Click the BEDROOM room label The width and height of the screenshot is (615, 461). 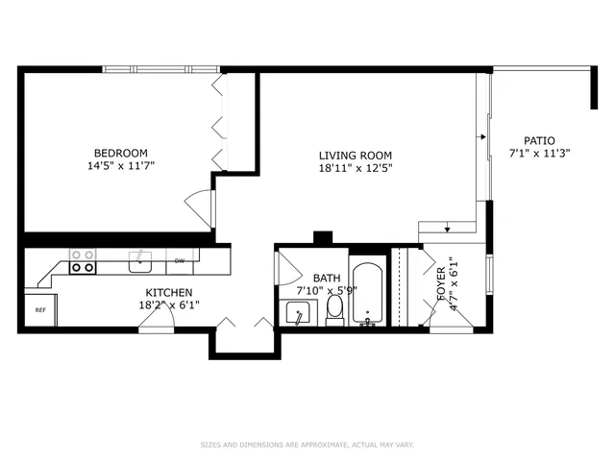click(120, 153)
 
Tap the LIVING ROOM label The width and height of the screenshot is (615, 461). click(356, 156)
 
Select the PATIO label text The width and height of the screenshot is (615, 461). click(539, 140)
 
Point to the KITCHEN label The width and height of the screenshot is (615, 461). click(169, 293)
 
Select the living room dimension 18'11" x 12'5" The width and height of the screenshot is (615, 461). click(356, 168)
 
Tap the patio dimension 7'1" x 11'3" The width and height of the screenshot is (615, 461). click(539, 153)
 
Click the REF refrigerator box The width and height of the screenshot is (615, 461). click(40, 310)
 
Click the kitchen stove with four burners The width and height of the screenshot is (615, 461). click(83, 261)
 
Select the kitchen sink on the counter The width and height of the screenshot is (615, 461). click(141, 257)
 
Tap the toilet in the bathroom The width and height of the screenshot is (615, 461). click(335, 308)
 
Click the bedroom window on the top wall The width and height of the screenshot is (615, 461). click(160, 68)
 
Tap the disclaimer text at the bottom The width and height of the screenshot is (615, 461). click(307, 445)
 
